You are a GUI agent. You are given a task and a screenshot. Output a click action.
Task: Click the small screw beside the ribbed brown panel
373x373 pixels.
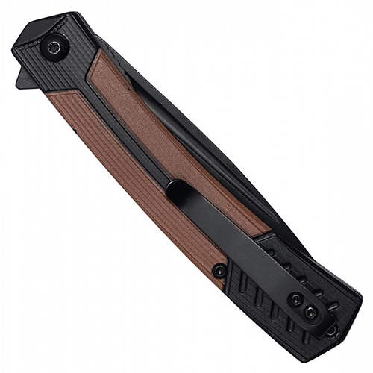click(218, 270)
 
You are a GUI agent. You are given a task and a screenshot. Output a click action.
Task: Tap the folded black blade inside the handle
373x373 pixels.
click(224, 149)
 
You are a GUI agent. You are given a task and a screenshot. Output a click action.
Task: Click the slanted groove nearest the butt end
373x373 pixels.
click(298, 328)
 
